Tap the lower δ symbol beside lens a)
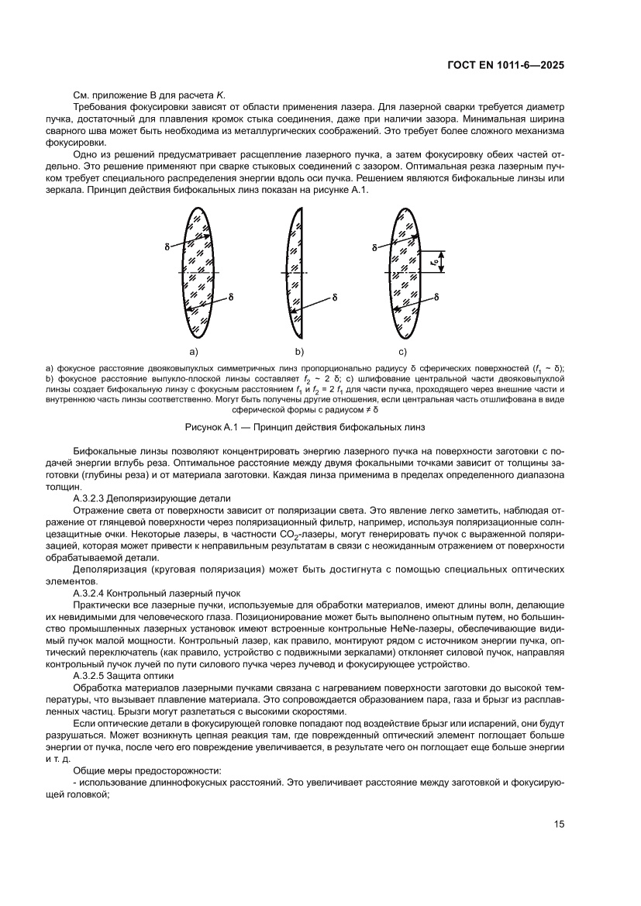232,297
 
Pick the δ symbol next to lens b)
334,297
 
